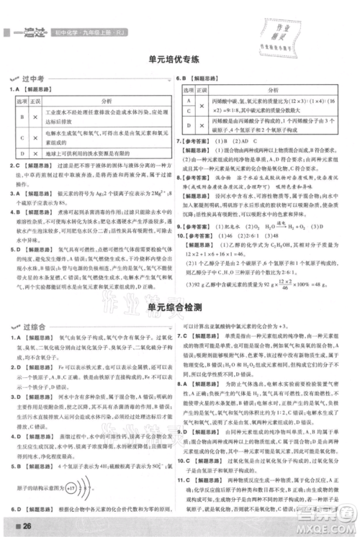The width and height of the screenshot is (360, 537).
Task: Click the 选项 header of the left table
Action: coord(22,101)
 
